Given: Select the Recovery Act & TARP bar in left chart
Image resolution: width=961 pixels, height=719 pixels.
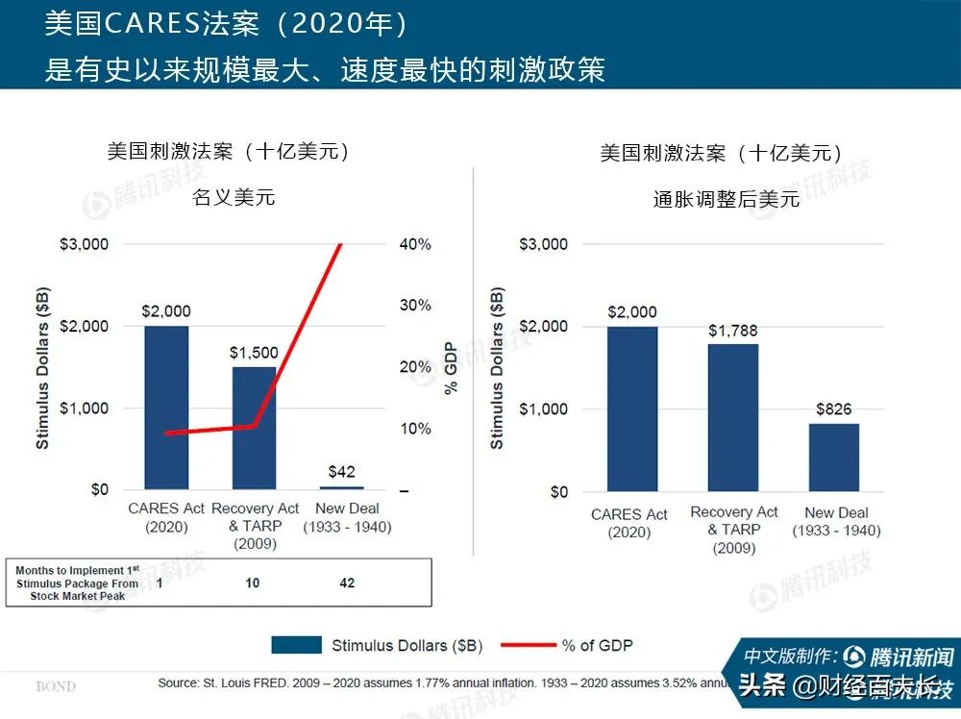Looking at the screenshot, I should (254, 428).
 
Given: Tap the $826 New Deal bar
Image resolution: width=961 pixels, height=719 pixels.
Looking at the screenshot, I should (833, 457).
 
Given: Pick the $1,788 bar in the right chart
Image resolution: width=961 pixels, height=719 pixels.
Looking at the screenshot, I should (732, 417).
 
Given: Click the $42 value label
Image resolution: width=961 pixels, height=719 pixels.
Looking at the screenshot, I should (341, 471).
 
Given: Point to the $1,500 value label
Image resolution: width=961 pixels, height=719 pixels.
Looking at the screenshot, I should (254, 353).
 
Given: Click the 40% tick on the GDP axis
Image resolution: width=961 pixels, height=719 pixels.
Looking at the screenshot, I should (415, 244).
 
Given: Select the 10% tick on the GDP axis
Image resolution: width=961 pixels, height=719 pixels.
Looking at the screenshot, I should (415, 429).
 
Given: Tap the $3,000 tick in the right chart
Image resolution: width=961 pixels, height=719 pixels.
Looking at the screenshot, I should (544, 244).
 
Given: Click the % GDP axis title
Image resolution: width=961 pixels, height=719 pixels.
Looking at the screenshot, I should (451, 368).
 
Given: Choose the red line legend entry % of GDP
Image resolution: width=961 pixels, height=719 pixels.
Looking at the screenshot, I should (596, 645).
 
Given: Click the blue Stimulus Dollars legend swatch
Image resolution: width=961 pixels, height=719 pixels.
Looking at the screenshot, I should (296, 645).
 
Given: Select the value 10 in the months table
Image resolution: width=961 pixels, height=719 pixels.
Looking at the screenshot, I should (252, 583).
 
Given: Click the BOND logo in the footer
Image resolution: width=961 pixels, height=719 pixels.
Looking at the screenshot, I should (56, 686).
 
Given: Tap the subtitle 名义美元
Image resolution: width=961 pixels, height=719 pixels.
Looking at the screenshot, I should (234, 197).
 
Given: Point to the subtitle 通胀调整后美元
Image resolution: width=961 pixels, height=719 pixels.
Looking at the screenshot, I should (727, 199).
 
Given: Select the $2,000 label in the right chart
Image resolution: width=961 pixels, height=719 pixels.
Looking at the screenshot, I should (631, 311).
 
